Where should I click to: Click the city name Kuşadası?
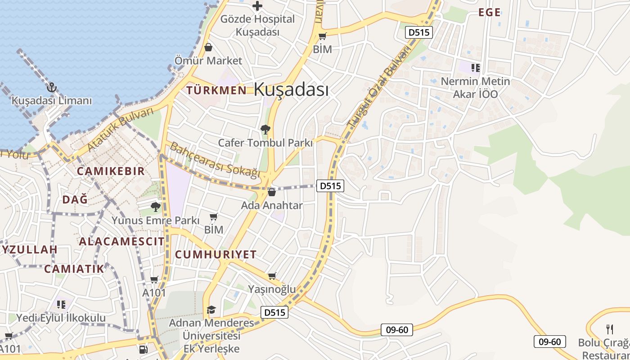(291, 89)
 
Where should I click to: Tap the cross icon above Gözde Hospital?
(257, 6)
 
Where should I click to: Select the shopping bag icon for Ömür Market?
(208, 47)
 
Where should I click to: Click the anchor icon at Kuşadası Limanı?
(52, 87)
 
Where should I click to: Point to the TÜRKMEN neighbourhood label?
(216, 90)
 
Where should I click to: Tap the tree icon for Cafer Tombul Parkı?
(265, 130)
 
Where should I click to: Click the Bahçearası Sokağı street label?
(215, 160)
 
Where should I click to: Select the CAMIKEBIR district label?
(111, 171)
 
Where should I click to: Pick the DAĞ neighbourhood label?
(75, 199)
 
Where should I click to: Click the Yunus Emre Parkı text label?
(155, 220)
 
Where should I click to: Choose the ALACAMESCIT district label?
(122, 241)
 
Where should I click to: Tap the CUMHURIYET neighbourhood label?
(216, 254)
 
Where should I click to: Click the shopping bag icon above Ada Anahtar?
(272, 192)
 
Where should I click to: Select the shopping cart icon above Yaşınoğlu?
(272, 276)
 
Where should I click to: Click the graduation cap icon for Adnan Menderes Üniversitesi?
(211, 310)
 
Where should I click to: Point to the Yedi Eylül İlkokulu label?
(61, 318)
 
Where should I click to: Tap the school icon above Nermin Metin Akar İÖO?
(475, 68)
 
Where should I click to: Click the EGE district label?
(489, 13)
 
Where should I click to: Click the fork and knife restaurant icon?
(610, 329)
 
